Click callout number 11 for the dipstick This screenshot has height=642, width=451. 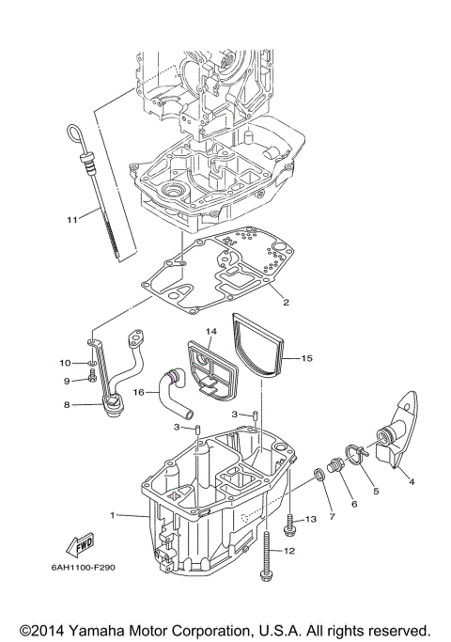(70, 220)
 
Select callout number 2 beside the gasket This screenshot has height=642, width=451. (285, 302)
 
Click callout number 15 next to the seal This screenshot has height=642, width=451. (305, 358)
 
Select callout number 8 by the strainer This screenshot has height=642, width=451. (67, 405)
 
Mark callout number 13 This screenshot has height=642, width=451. (312, 519)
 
